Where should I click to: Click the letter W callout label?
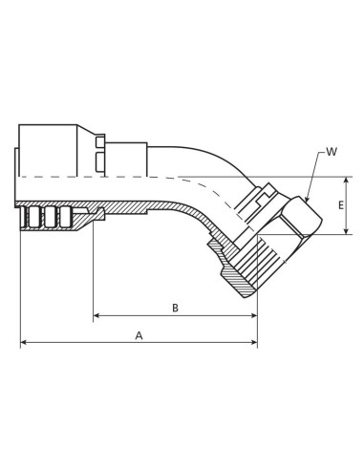(331, 151)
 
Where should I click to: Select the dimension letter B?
(175, 308)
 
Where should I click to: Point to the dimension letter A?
(139, 335)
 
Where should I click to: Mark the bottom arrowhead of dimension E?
(346, 231)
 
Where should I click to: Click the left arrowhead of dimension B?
(96, 317)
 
